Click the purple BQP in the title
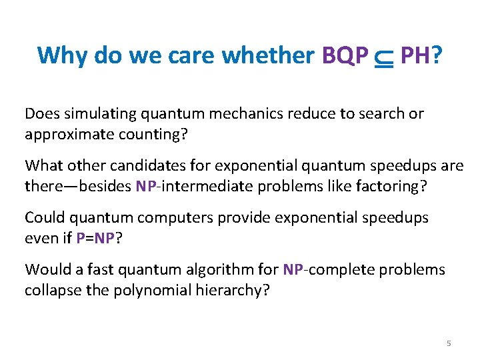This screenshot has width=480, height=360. point(345,55)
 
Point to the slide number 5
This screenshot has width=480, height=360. point(449,343)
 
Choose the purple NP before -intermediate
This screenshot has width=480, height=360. point(145,186)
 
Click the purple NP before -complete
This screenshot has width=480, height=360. point(293,269)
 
